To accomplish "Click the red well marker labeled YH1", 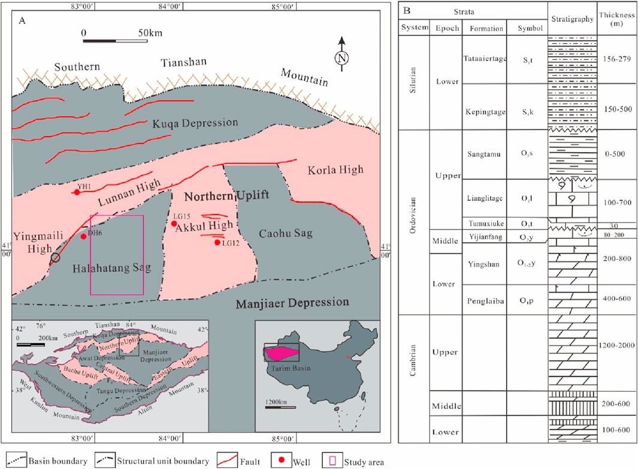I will [77, 192].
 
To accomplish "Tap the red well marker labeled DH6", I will [83, 236].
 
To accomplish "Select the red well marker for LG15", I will [174, 224].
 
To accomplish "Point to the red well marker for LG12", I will [217, 243].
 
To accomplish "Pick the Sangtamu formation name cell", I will [483, 154].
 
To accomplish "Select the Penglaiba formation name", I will [483, 295].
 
